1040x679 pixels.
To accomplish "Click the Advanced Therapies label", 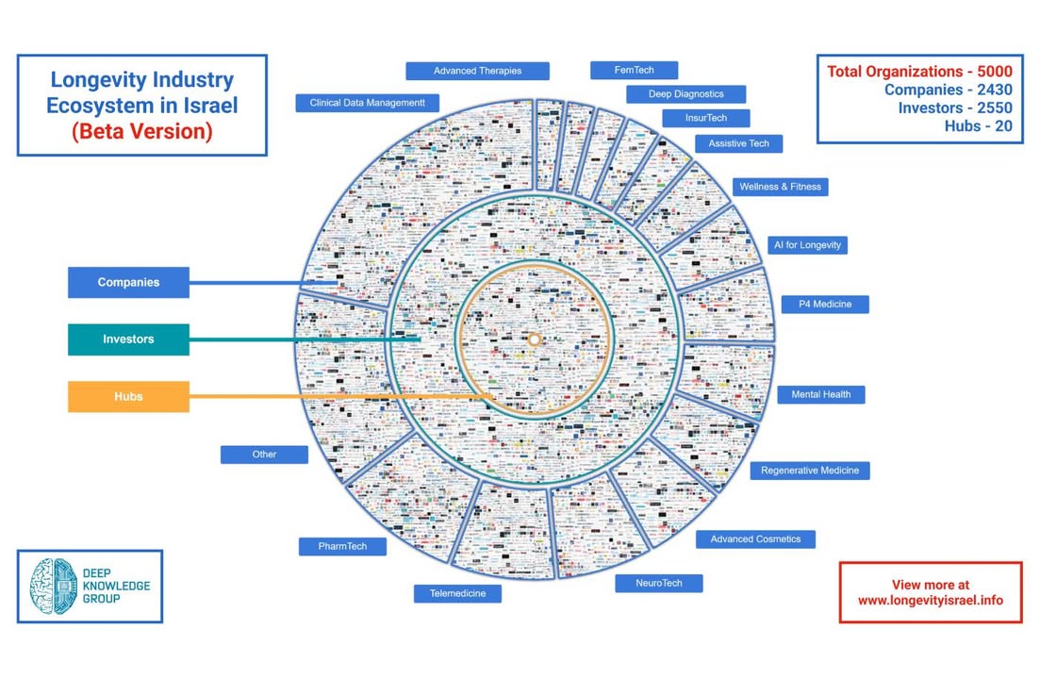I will [477, 71].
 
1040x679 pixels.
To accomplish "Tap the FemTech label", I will [634, 70].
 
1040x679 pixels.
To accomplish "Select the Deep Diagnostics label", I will [685, 94].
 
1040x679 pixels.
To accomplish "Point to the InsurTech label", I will [705, 118].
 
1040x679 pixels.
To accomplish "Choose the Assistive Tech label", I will [738, 143].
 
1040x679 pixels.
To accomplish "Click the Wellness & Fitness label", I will [780, 187].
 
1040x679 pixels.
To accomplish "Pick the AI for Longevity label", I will [807, 245].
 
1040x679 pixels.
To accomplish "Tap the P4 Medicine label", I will [824, 305].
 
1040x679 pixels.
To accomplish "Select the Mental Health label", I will [820, 394].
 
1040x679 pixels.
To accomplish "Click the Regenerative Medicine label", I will [810, 470].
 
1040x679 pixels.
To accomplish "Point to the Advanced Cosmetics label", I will [755, 539].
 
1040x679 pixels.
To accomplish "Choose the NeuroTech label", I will [658, 583].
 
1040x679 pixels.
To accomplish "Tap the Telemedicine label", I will [457, 593].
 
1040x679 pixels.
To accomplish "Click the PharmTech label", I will [341, 546].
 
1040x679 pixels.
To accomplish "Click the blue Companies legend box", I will [128, 282].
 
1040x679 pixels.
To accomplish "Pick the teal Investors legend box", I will [128, 339].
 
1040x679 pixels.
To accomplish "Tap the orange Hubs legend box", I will [128, 396].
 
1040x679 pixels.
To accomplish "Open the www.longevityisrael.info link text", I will [930, 600].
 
